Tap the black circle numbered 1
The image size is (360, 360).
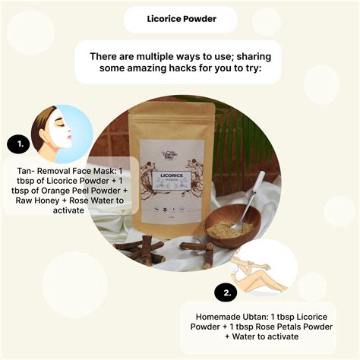pos(17,142)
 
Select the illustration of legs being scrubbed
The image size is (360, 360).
pos(261,270)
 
